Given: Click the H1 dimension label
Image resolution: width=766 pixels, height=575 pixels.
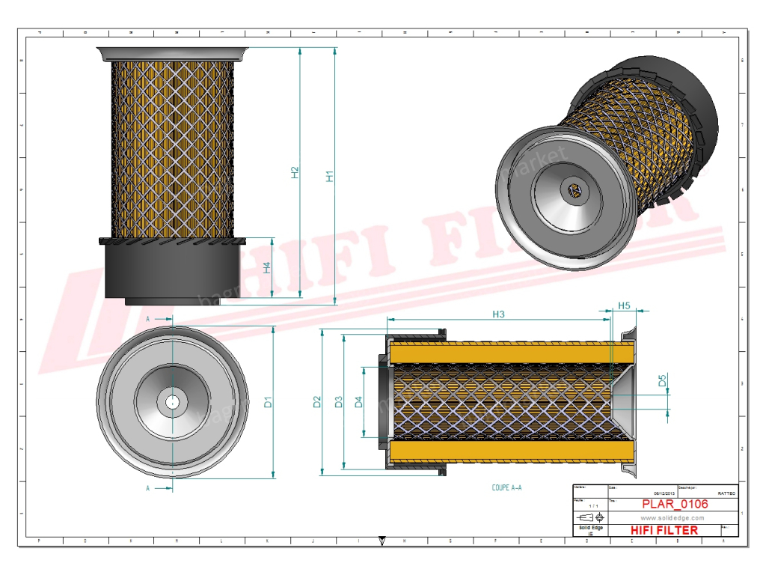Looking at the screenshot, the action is click(329, 177).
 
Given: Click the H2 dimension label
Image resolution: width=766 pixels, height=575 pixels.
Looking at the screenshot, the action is click(295, 172).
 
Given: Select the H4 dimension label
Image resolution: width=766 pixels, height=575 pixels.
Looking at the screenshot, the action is click(268, 267).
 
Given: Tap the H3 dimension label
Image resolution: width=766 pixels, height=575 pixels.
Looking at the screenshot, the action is click(498, 314).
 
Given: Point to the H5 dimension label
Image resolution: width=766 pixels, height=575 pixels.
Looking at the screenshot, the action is click(624, 306).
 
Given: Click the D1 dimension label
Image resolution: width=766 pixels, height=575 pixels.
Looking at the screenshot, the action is click(268, 401).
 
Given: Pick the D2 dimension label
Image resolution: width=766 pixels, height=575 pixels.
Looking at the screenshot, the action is click(316, 401).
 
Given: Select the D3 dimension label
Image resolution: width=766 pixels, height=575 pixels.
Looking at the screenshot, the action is click(338, 401).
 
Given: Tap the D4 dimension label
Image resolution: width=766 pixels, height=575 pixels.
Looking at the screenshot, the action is click(358, 401).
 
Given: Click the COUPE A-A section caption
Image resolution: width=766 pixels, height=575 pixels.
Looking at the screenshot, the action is click(506, 487).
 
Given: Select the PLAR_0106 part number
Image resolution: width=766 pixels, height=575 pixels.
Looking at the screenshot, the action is click(675, 505).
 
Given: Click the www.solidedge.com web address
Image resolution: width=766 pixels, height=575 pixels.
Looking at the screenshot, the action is click(673, 517).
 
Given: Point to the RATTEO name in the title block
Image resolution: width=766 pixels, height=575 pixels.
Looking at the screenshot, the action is click(726, 494).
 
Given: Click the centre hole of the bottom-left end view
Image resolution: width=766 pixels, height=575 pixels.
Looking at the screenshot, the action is click(172, 401).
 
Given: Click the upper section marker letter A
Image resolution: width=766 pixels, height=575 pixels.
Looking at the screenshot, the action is click(148, 319).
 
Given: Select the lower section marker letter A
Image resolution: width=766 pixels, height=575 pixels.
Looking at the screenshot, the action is click(148, 488).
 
